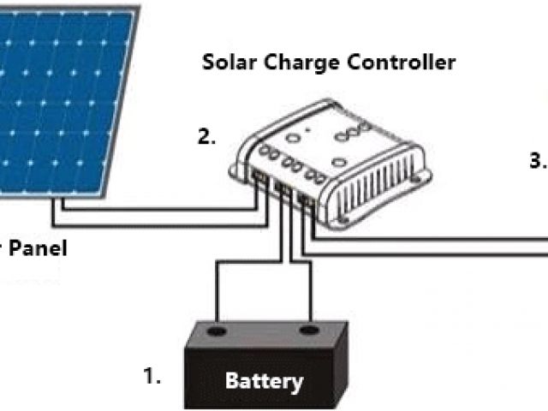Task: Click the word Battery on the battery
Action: [x=264, y=380]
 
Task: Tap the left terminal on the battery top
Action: [x=217, y=330]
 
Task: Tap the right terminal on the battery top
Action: [x=308, y=330]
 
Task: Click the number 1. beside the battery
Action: [x=152, y=374]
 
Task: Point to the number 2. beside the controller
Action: [x=206, y=136]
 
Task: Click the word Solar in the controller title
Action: [x=228, y=63]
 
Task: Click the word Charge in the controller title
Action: [x=298, y=63]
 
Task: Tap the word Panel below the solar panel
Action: [x=34, y=248]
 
